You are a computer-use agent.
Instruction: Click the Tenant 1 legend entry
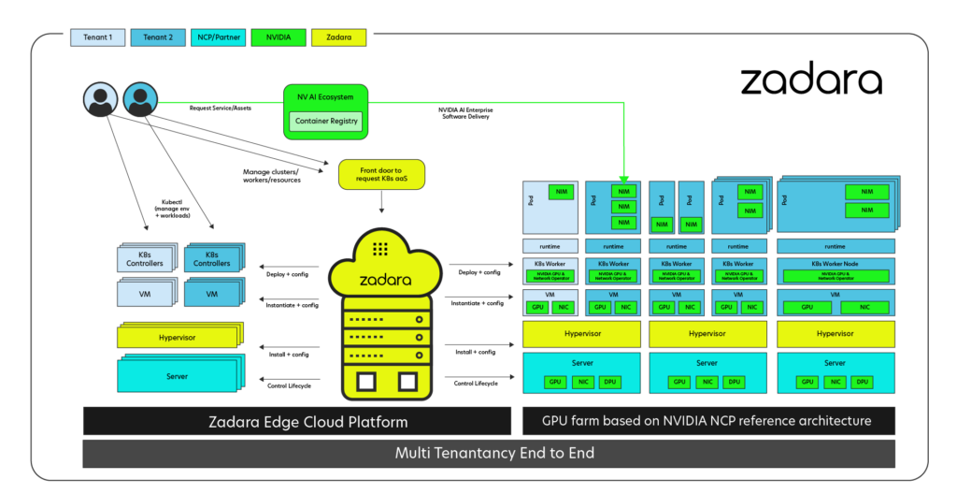click(98, 38)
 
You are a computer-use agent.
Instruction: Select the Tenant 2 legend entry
click(157, 38)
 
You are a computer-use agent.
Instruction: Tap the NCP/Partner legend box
click(218, 38)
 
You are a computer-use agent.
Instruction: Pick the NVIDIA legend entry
click(278, 38)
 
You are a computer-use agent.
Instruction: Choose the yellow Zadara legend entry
click(338, 38)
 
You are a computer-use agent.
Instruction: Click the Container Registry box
click(326, 121)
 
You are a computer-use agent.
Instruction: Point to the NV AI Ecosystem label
click(325, 96)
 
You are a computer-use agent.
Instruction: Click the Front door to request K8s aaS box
click(380, 175)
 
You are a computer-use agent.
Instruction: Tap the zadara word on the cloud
click(380, 279)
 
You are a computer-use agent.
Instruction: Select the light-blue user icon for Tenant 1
click(100, 99)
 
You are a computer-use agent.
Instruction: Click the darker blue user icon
click(140, 99)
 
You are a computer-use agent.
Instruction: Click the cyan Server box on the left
click(177, 376)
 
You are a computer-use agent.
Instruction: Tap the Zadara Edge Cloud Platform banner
click(296, 422)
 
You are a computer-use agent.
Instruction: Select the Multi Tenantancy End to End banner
click(489, 454)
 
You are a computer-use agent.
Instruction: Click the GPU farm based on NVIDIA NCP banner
click(707, 421)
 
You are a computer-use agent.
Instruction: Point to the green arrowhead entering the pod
click(623, 178)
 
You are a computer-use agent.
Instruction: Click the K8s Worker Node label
click(835, 264)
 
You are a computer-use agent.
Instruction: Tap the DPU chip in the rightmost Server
click(862, 382)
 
